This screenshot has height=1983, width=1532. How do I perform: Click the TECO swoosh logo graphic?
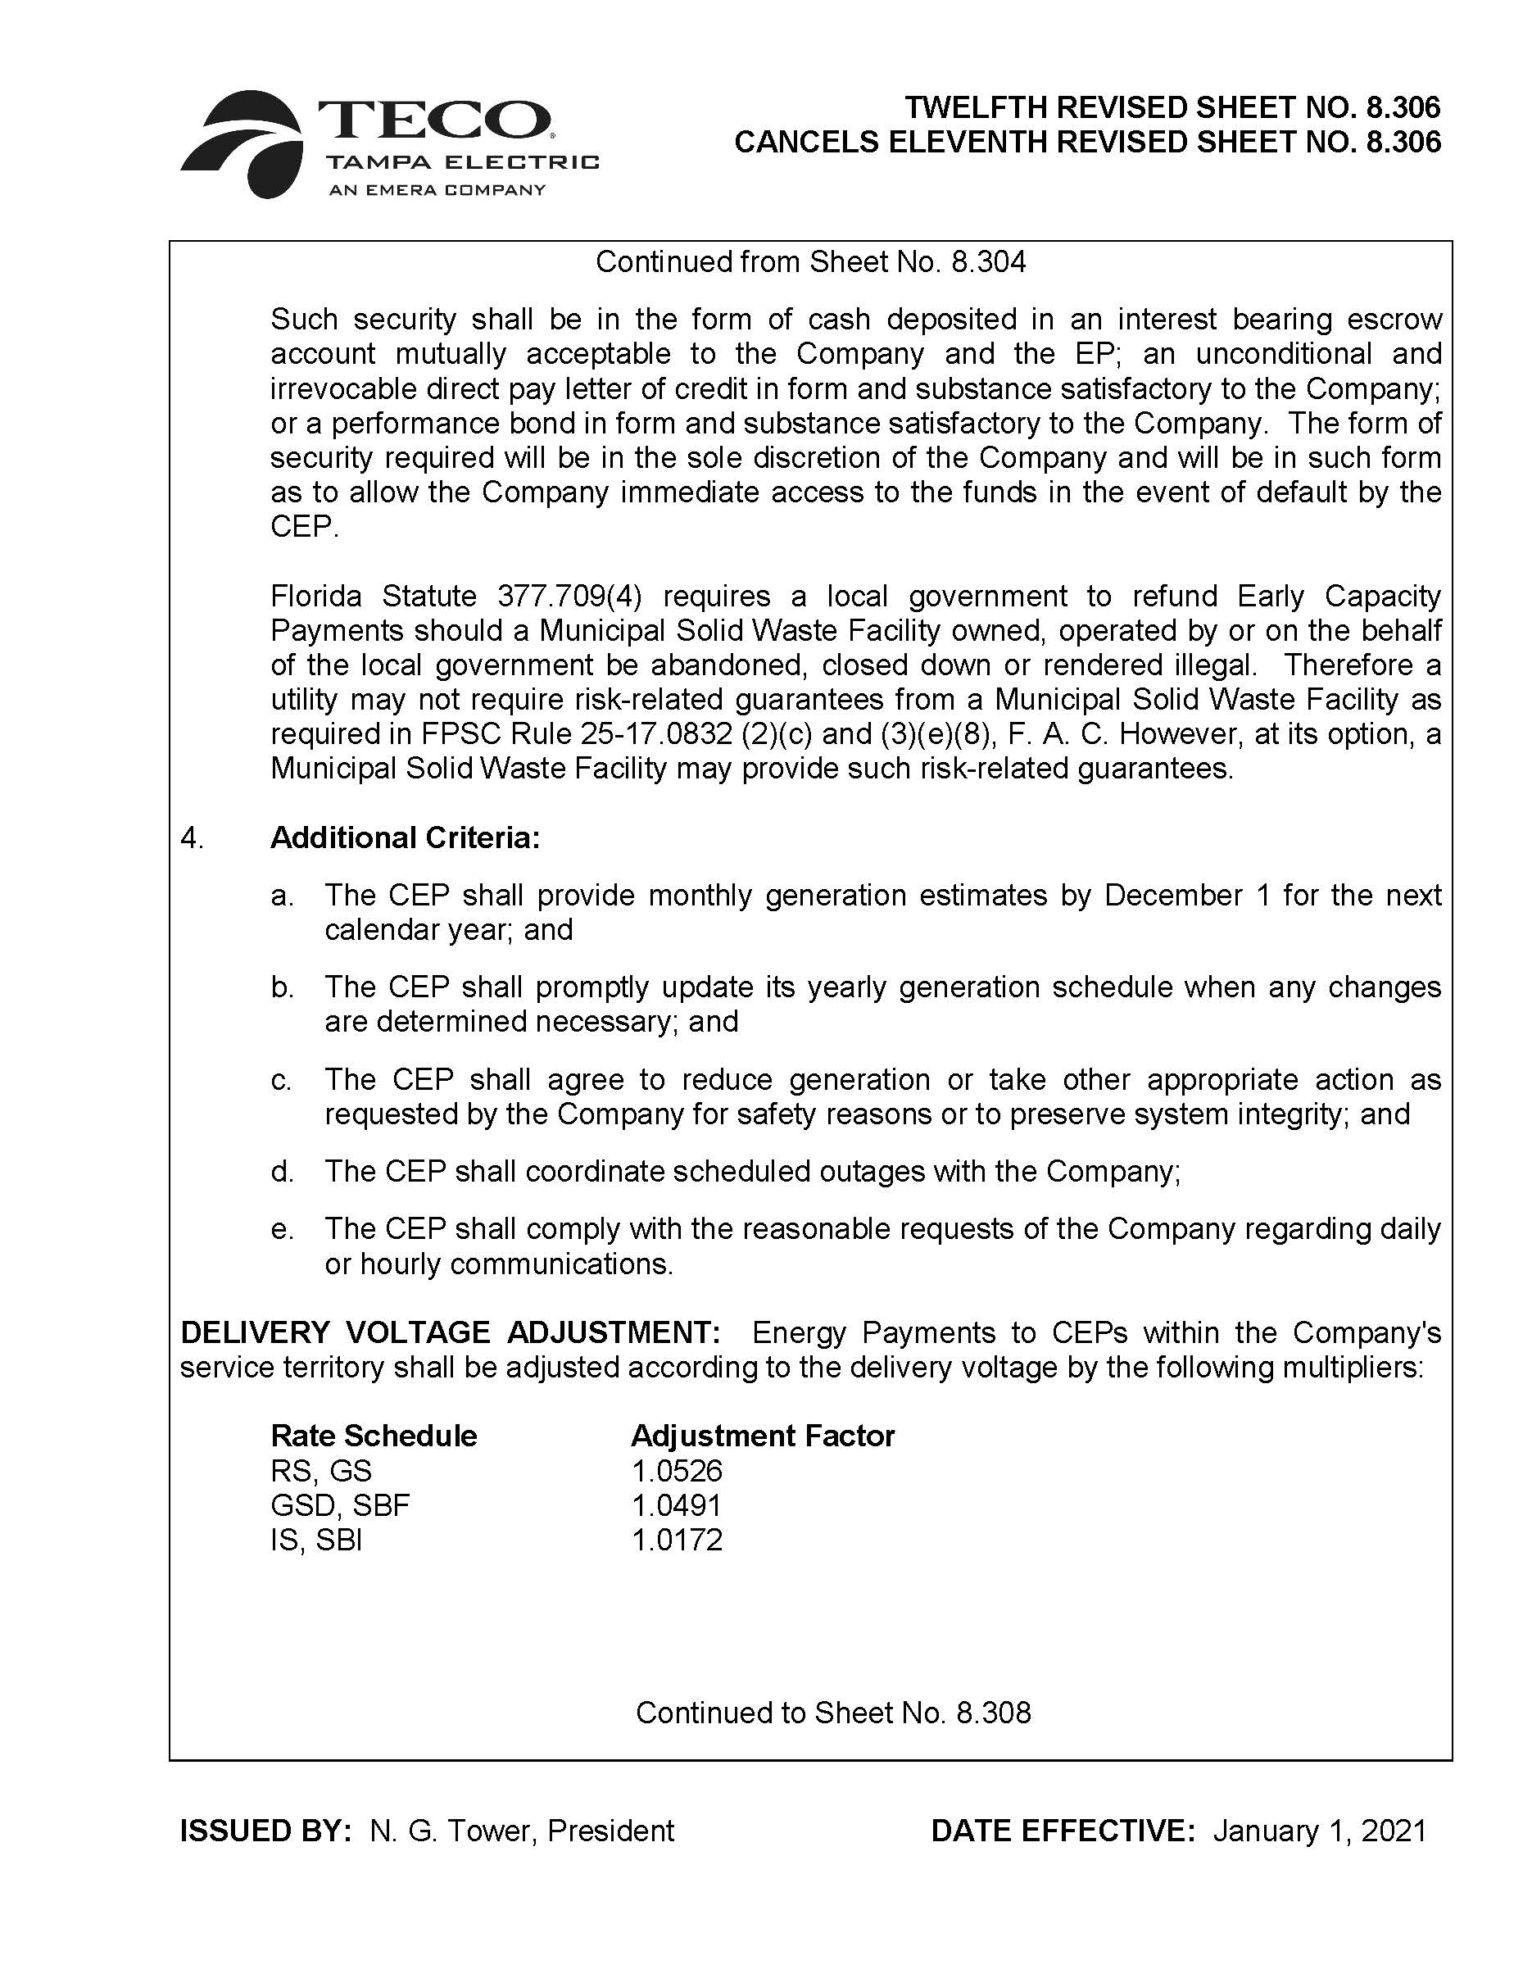point(243,143)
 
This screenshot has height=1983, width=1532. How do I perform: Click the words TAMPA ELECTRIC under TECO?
point(463,162)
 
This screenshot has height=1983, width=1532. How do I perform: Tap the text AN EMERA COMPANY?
point(437,190)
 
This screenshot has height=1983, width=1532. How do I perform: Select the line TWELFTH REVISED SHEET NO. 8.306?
point(1172,107)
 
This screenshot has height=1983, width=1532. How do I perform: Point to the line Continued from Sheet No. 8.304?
point(810,261)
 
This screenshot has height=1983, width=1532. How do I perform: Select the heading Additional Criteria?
point(405,837)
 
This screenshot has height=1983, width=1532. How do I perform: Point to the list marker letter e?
point(280,1228)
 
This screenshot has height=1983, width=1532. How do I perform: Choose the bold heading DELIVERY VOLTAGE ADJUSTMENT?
point(450,1332)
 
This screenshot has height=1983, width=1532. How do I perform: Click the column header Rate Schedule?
point(373,1436)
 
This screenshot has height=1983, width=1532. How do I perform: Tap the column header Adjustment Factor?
point(763,1436)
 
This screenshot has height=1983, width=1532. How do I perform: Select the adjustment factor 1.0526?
point(677,1471)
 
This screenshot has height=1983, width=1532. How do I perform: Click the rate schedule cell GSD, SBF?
point(340,1505)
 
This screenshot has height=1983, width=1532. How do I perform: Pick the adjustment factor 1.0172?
point(677,1540)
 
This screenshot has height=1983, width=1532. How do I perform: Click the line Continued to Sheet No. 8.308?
point(833,1713)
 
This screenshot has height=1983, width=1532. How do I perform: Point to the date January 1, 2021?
point(1320,1831)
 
